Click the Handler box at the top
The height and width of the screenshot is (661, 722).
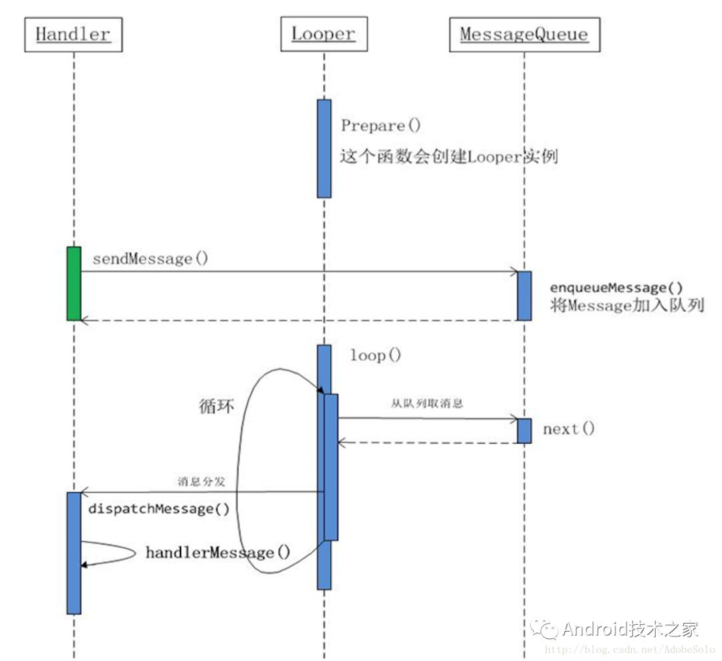[x=74, y=35]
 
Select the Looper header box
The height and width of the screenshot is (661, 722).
[x=324, y=35]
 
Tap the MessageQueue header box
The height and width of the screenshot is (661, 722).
[x=524, y=35]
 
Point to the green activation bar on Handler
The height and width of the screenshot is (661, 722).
[x=74, y=283]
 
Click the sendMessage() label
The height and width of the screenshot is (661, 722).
[x=150, y=259]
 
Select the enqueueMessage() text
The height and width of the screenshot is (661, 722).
[x=616, y=288]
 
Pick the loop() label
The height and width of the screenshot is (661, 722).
[x=376, y=356]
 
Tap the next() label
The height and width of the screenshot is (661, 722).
[x=568, y=429]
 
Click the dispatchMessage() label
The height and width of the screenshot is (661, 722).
[x=159, y=509]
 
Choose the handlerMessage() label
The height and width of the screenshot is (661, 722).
[x=218, y=553]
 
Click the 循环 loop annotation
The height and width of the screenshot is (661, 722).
[x=217, y=406]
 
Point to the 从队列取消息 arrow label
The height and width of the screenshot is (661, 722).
[x=427, y=403]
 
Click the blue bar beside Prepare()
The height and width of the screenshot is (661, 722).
[x=324, y=149]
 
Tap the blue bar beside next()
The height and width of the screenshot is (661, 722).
[x=524, y=430]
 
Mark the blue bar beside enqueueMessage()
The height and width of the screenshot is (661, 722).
[x=524, y=296]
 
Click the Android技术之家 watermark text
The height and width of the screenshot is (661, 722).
[x=630, y=629]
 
